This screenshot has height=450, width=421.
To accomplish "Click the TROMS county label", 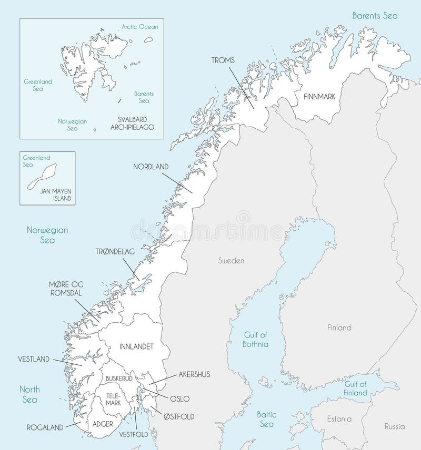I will coord(223,61).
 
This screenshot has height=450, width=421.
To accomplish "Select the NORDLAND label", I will coord(151,167).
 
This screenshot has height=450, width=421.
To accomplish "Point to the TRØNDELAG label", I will coord(115,252).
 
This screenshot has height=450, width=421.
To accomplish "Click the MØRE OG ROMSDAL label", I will coord(66,289).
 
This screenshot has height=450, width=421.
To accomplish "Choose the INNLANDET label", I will coord(136,347).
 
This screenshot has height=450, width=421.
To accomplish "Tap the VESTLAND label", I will coord(34,360).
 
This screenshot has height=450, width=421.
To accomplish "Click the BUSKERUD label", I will coord(118,378).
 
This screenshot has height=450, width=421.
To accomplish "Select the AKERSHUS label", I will coord(194,375).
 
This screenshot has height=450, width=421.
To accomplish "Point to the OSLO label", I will coord(179,399).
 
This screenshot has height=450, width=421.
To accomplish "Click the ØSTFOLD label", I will coord(179,417).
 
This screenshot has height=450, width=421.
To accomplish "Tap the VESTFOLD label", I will coord(134,435).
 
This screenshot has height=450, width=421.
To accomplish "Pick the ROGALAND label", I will coord(45,427).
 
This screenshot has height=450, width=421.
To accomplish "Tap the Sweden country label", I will coord(231,261).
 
